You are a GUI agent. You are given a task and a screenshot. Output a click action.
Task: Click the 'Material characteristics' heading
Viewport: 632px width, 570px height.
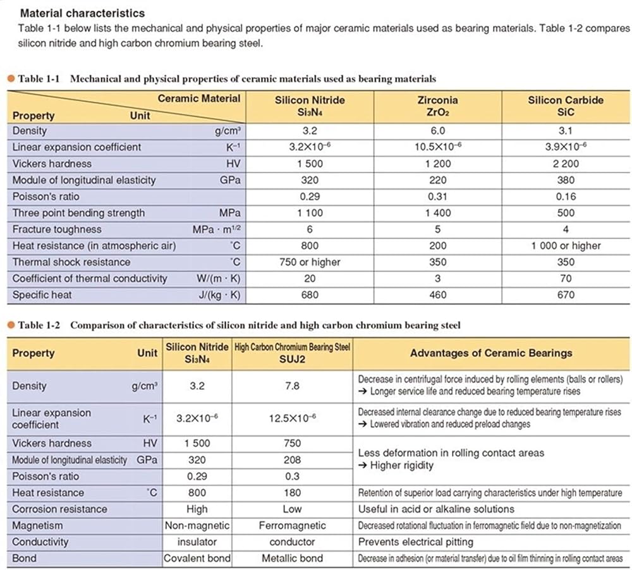coord(82,13)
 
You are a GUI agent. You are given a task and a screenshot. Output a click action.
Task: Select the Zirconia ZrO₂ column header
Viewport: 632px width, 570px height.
coord(437,106)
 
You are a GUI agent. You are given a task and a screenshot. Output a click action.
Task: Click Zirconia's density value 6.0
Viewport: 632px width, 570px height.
coord(437,131)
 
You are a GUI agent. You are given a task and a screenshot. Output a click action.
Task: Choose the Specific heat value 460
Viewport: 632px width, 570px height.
coord(437,295)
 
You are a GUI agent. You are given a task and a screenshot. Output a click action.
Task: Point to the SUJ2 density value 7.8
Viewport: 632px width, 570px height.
coord(292,386)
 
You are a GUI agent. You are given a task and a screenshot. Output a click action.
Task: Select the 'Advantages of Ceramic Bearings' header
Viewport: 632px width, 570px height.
coord(491,353)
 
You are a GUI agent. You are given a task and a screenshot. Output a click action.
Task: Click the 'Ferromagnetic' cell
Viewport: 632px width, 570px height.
coord(292,526)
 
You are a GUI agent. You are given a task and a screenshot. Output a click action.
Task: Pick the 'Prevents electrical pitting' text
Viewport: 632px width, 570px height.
coord(415,542)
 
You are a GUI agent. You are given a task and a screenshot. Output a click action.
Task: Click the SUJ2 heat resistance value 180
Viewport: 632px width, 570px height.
coord(292,493)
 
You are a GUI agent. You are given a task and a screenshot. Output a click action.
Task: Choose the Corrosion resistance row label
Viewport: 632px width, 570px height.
coord(60,509)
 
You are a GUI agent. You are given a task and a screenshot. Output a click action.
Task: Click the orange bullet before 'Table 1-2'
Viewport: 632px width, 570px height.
coord(11,325)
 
